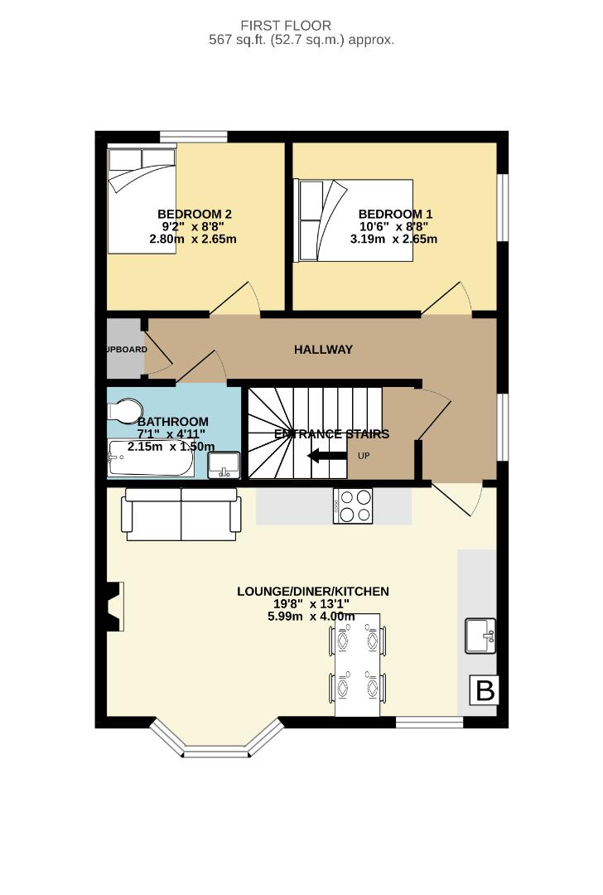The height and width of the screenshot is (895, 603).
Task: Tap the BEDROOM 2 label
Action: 195,214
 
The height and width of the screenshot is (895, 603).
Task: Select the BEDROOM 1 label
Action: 395,214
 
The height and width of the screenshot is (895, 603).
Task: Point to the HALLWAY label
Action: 323,350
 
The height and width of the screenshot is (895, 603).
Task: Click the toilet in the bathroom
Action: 125,411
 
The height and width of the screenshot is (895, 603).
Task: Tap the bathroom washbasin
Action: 223,465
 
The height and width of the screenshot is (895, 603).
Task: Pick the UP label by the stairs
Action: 364,456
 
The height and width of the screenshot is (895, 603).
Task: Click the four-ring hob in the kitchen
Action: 353,506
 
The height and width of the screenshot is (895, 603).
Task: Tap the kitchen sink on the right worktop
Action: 480,636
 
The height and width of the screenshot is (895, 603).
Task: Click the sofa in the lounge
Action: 181,514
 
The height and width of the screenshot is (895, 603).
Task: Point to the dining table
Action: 358,665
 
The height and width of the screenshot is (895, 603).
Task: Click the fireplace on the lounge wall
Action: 115,607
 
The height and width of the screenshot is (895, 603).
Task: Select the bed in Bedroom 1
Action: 355,220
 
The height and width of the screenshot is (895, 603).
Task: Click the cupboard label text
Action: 126,350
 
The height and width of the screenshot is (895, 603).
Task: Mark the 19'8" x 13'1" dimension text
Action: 312,603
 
